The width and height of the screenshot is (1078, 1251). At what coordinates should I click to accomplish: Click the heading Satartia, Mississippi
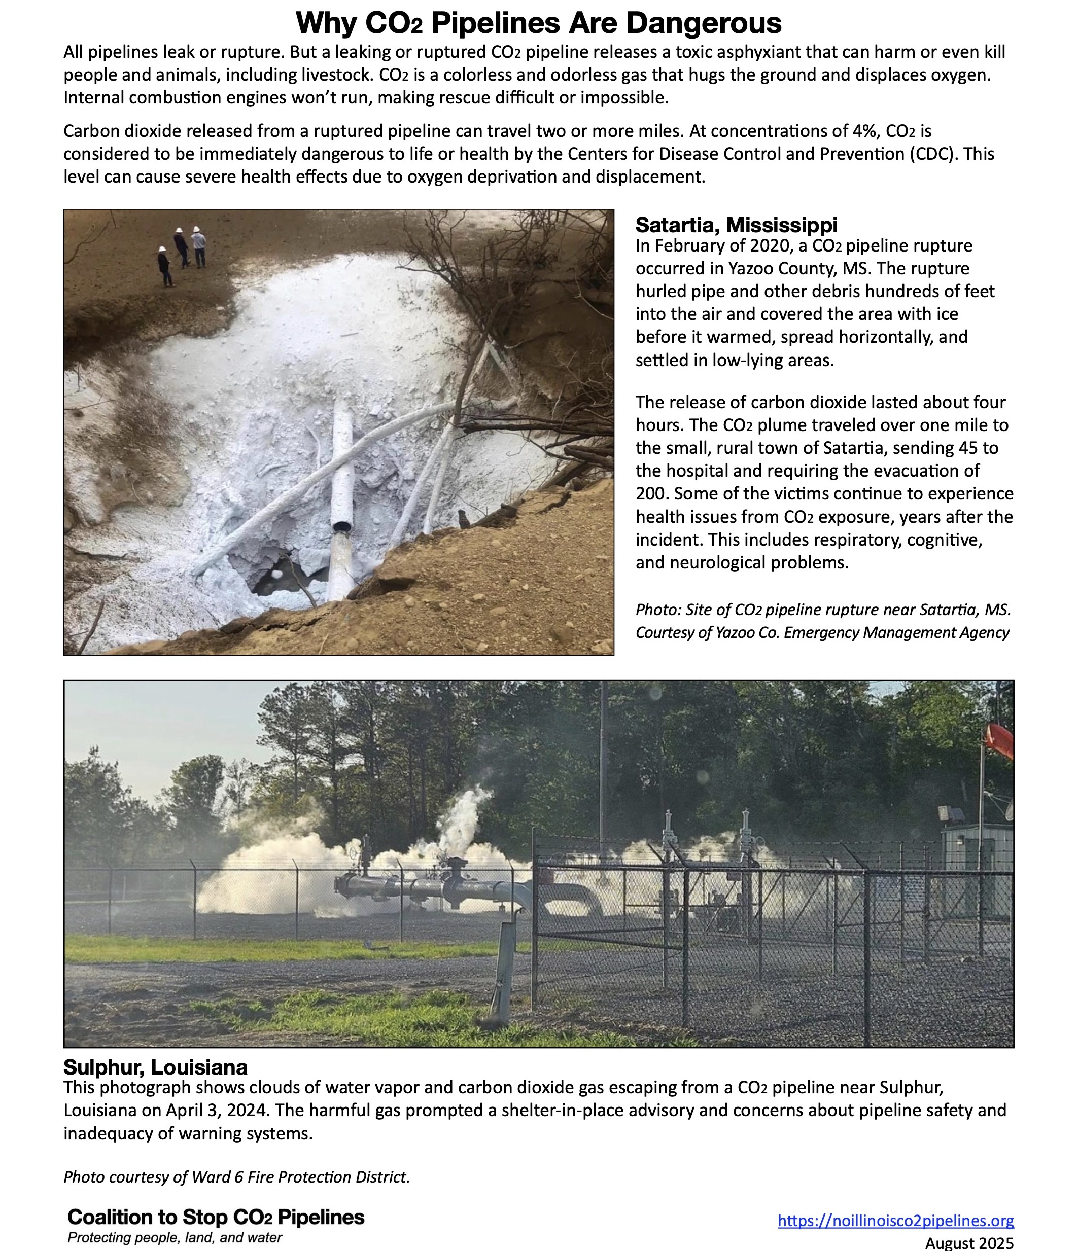(736, 225)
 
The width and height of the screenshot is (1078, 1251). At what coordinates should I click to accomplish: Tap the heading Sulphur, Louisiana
(155, 1067)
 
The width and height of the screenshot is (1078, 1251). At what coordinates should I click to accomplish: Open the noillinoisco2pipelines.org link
(895, 1220)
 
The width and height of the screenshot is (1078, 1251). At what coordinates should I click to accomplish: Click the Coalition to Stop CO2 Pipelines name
(216, 1217)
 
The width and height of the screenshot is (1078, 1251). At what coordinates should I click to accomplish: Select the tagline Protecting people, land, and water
(175, 1238)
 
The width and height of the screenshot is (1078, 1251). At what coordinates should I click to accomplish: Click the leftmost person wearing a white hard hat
(164, 266)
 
